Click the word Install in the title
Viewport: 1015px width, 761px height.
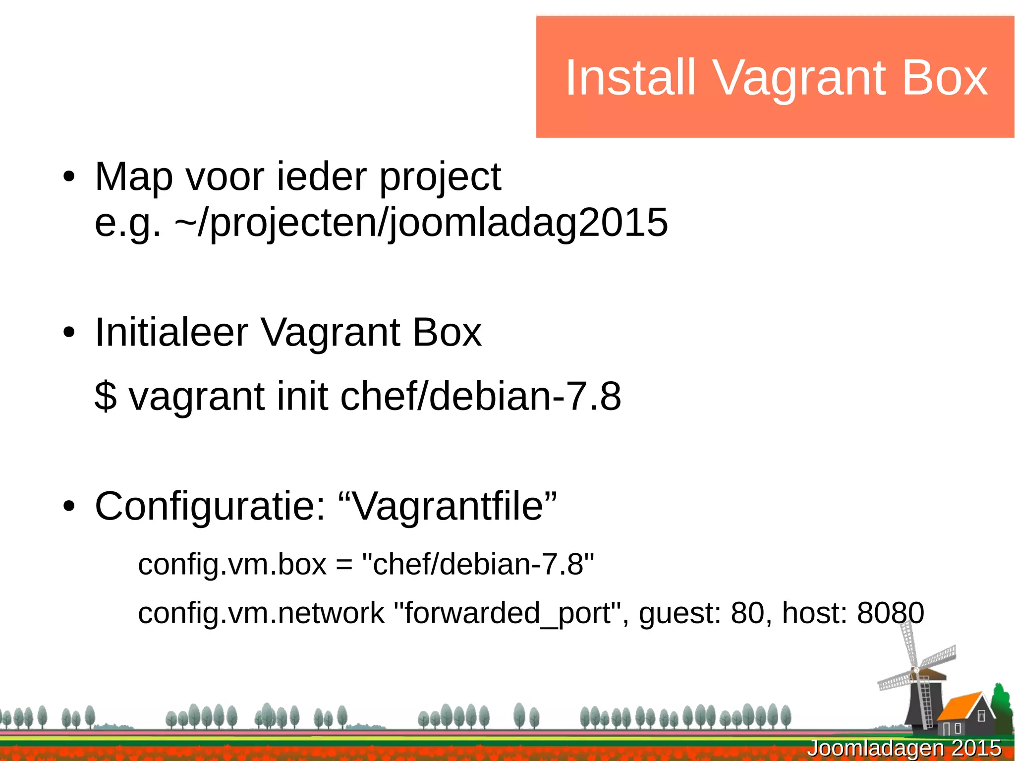(630, 78)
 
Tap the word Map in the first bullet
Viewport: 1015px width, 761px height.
(133, 177)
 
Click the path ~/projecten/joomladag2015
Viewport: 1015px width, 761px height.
(421, 223)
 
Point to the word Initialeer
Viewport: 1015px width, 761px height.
(171, 332)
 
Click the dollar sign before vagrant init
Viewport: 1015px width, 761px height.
(106, 396)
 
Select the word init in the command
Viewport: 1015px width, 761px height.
(302, 396)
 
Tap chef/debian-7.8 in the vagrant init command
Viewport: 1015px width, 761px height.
(480, 396)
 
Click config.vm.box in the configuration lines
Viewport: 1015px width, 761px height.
(232, 565)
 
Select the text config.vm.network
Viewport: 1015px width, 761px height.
(261, 614)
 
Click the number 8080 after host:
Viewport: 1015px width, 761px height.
(890, 613)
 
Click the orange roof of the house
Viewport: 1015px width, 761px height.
(959, 706)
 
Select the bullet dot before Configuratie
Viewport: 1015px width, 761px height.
(69, 507)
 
